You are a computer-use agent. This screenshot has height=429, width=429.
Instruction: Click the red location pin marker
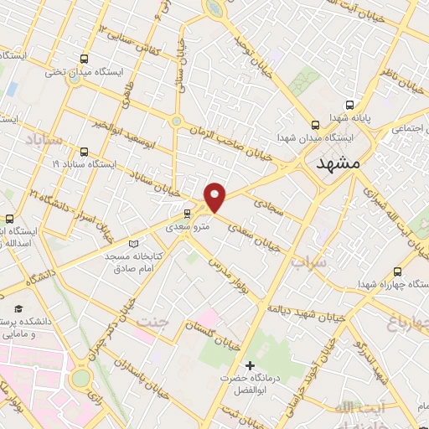tap(216, 197)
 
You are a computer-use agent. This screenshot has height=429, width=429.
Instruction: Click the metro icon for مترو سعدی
tap(186, 215)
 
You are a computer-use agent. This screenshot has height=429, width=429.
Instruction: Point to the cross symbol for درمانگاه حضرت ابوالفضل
tap(250, 365)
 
